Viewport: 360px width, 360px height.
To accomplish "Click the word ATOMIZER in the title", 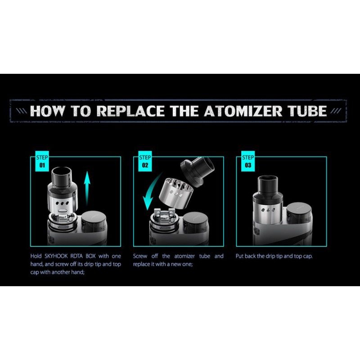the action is point(243,111).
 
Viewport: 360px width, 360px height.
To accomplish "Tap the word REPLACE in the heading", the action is point(130,111).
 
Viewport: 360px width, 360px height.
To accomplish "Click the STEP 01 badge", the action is point(42,161).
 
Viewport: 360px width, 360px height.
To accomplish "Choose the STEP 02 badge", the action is point(145,161).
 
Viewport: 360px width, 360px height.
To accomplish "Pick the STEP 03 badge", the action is point(248,161).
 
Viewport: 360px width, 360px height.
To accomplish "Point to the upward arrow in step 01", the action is point(87,188).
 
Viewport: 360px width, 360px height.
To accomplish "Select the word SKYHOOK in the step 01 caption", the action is point(56,256).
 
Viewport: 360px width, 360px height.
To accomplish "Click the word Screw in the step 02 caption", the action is point(140,256).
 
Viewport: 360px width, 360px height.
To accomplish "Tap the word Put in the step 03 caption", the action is point(240,256).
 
